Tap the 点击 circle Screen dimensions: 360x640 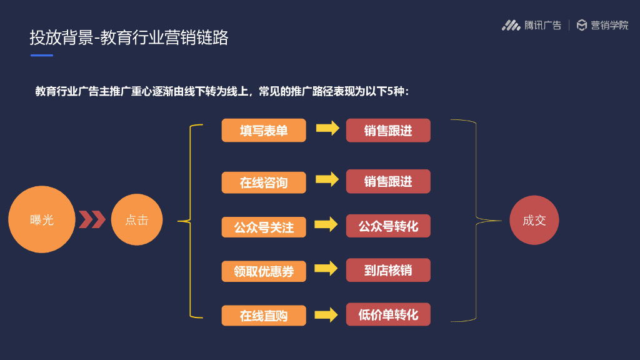[x=136, y=220]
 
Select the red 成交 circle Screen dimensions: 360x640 [x=534, y=220]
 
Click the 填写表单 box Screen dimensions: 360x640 [x=264, y=131]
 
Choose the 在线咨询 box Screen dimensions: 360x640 [x=264, y=182]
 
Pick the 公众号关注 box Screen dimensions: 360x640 [x=264, y=227]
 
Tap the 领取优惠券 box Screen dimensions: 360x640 [x=264, y=271]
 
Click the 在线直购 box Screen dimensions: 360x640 [x=264, y=315]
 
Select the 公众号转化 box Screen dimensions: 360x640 [x=388, y=226]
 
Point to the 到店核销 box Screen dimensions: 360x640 [x=388, y=270]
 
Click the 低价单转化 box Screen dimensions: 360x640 [x=388, y=314]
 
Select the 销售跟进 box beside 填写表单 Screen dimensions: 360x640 [x=388, y=130]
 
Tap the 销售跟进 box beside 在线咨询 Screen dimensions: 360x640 [x=388, y=181]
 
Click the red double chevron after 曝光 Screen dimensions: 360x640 [x=92, y=220]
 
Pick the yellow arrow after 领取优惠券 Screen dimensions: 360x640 [x=326, y=269]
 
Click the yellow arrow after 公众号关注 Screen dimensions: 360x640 [x=326, y=224]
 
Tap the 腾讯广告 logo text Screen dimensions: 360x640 [x=542, y=26]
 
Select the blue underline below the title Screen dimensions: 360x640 [x=42, y=56]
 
